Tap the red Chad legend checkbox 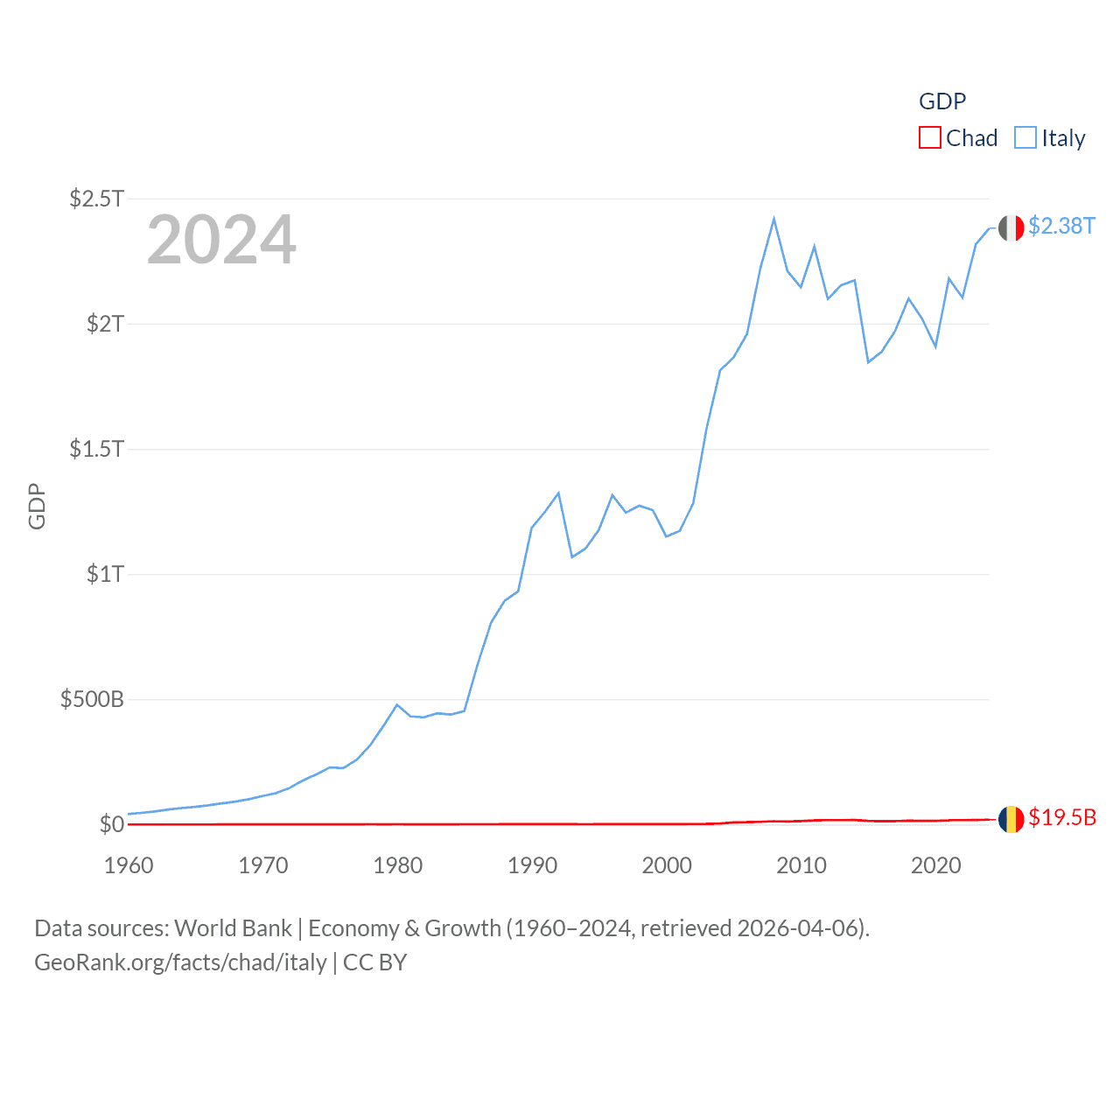tap(929, 138)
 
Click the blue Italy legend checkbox tap(1025, 138)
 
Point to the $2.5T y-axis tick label tap(96, 199)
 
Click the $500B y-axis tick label tap(92, 699)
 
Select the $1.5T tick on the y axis tap(96, 449)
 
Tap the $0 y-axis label tap(111, 824)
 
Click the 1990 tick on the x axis tap(532, 865)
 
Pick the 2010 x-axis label tap(801, 865)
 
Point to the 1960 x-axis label tap(129, 865)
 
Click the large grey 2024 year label tap(221, 240)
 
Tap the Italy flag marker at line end tap(1011, 228)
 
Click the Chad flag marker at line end tap(1011, 819)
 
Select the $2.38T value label tap(1061, 227)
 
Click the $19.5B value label tap(1062, 817)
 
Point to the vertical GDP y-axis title tap(37, 506)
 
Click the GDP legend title tap(942, 101)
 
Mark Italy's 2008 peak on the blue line tap(773, 219)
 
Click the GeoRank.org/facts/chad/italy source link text tap(180, 962)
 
